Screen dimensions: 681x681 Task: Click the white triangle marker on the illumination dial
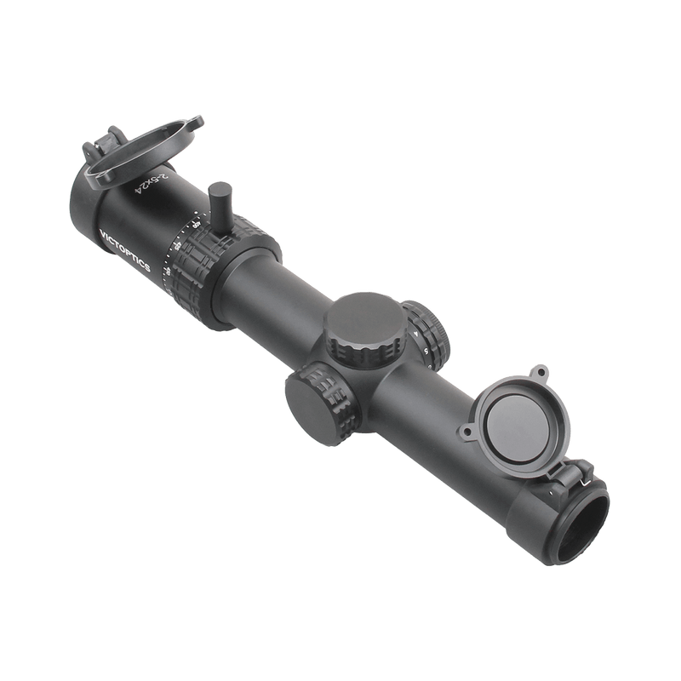(417, 335)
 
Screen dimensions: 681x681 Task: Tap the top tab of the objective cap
(540, 373)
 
